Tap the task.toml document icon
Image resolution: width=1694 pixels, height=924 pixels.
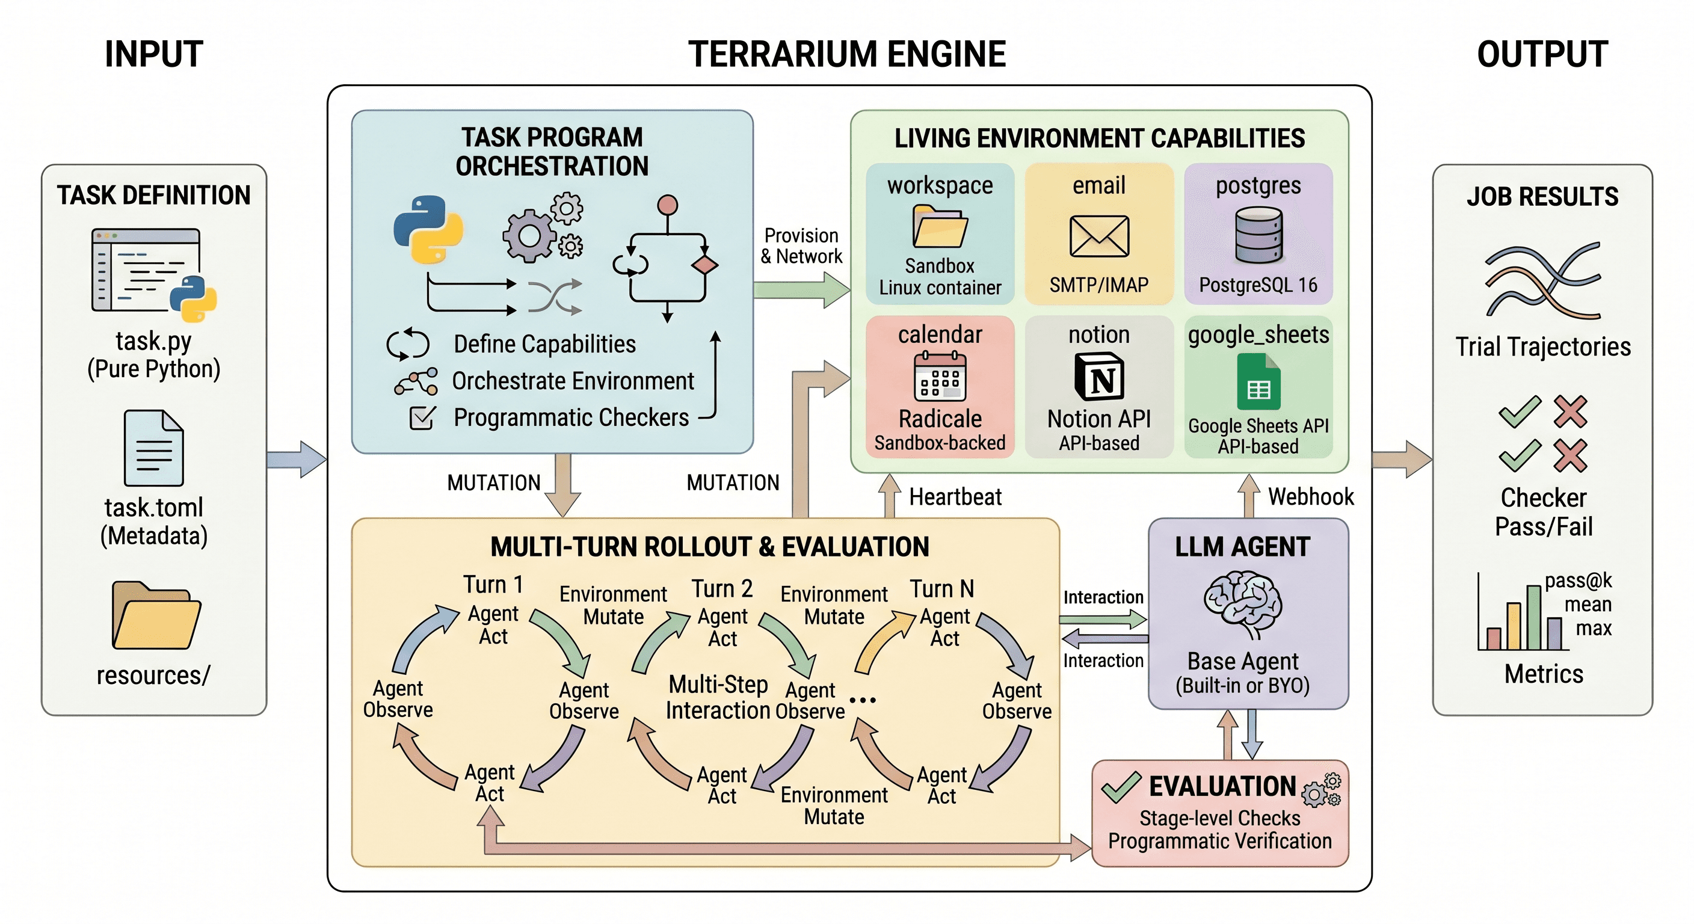(153, 448)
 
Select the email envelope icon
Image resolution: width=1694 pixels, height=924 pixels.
(1099, 236)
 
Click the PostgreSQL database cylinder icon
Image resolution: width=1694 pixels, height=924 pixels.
(1258, 235)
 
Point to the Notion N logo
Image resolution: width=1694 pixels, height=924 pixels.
(1099, 377)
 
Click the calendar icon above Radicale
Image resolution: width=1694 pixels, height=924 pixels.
(940, 377)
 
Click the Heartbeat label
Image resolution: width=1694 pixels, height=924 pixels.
(955, 496)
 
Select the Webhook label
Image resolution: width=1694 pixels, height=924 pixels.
(1310, 496)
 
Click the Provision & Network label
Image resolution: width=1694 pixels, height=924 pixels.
(801, 246)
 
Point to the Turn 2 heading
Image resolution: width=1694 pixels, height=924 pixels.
(721, 588)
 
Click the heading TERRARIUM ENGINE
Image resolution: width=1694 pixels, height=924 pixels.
(846, 54)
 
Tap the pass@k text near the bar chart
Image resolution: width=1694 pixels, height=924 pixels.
(1578, 580)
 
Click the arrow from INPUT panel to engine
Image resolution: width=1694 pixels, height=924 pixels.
(297, 458)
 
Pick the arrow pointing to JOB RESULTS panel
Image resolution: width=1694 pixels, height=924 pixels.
(1402, 458)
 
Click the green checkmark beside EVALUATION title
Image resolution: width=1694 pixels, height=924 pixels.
(1121, 787)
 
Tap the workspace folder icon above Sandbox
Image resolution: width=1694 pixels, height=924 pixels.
(940, 226)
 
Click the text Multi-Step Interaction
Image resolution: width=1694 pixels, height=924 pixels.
(718, 698)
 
